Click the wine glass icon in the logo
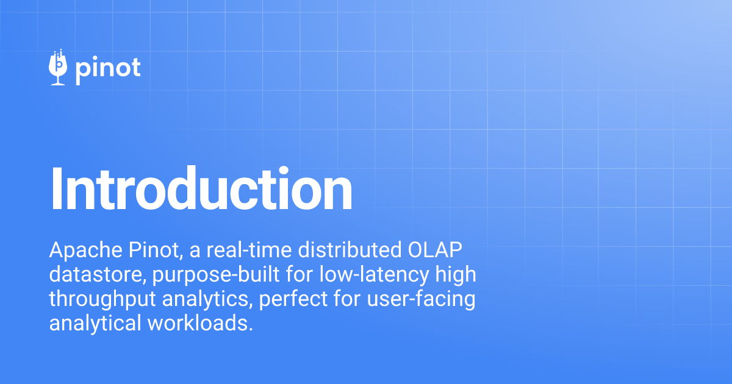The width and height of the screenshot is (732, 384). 58,68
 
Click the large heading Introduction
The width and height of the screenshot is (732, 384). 201,189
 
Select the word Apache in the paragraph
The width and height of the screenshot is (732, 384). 85,250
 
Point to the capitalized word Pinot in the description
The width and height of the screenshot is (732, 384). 155,250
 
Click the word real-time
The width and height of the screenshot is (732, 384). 249,250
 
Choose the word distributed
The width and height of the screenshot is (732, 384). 350,250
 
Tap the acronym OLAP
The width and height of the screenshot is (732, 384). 435,250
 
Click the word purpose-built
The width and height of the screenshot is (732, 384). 216,275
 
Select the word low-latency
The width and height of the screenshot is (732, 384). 374,275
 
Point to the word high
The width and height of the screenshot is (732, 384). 456,275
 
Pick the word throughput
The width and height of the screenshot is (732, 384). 102,299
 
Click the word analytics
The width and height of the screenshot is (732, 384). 207,299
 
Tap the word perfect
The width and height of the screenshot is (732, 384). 293,299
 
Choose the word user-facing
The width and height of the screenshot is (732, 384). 421,299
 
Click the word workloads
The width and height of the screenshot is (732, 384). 200,323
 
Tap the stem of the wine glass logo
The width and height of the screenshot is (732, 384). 58,79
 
